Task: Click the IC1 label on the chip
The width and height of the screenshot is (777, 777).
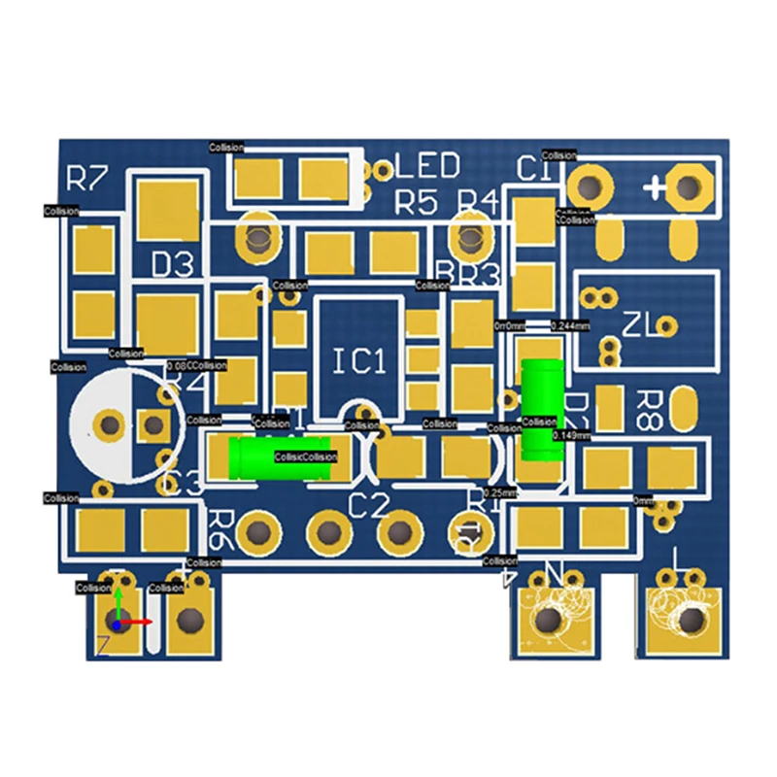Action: [359, 362]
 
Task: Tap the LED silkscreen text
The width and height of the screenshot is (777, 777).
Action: [427, 167]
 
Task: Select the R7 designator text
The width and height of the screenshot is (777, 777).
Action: [86, 179]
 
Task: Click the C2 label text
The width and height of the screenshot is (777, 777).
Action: [368, 505]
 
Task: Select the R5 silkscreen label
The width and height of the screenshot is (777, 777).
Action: [417, 203]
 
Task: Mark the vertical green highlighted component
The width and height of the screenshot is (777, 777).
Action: [541, 407]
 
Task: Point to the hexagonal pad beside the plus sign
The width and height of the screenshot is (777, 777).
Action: [690, 186]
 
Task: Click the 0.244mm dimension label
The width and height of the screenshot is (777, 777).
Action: [570, 326]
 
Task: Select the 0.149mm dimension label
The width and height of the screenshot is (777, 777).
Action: [570, 436]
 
